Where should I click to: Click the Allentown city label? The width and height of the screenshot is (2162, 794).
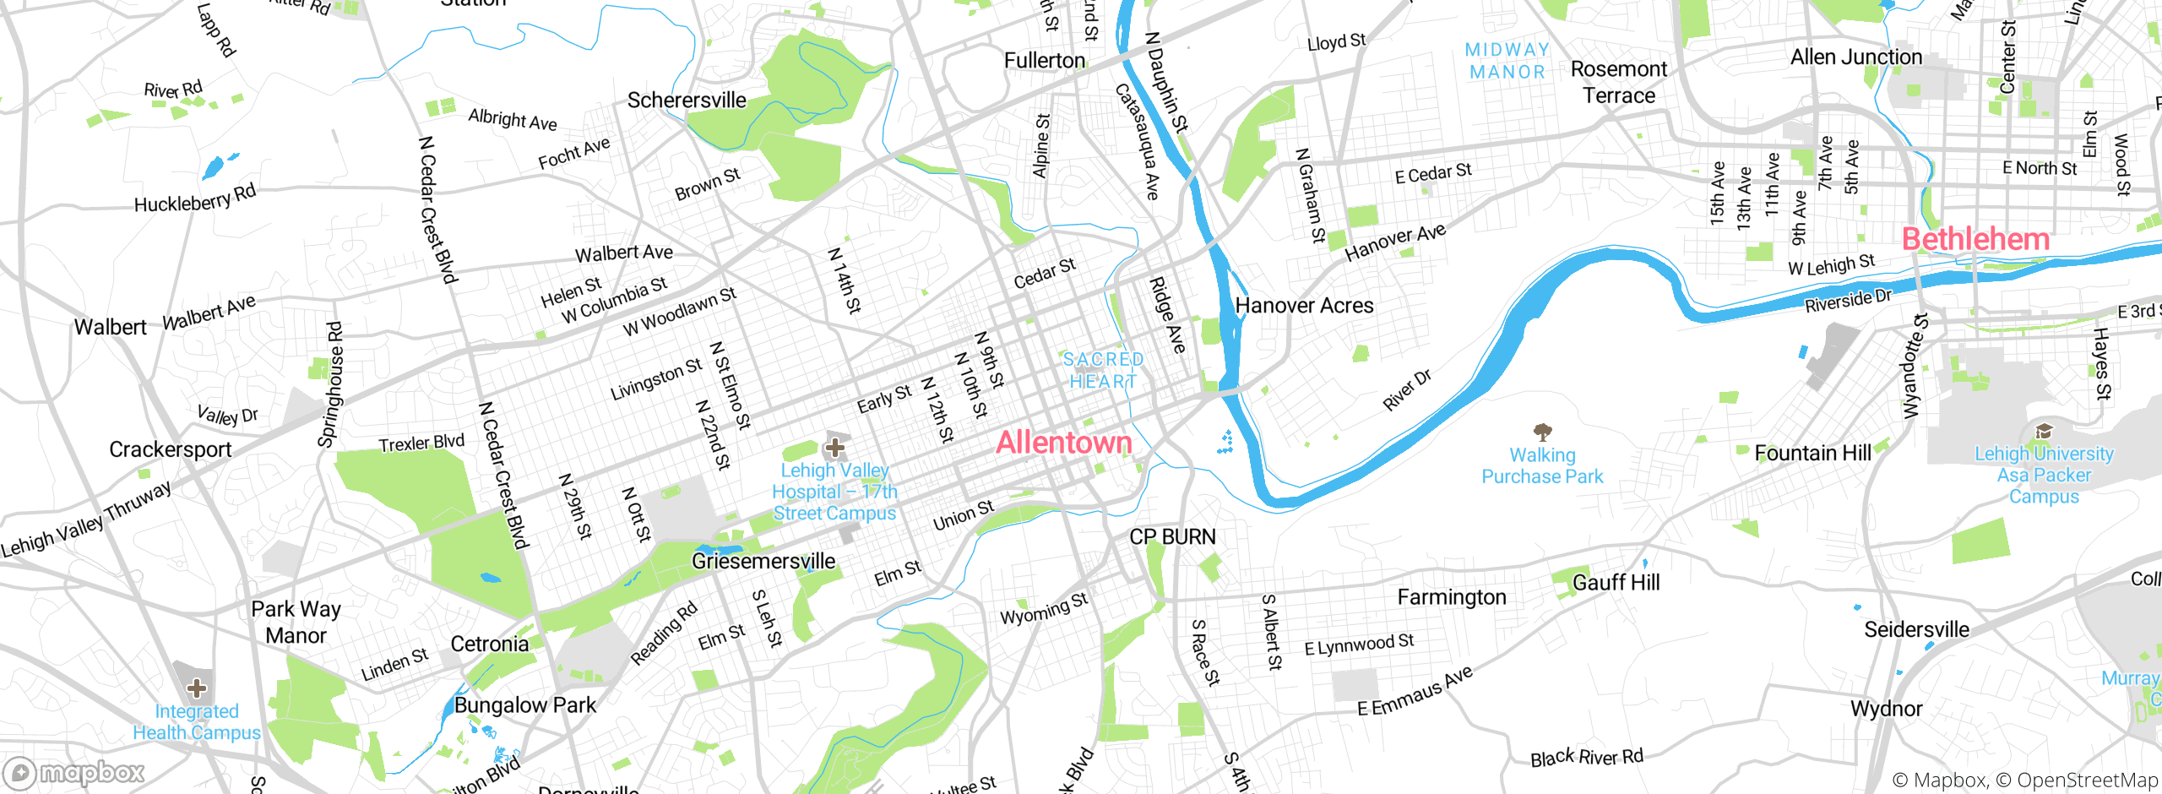[x=1063, y=443]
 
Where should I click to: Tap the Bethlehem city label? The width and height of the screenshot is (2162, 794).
[x=1975, y=239]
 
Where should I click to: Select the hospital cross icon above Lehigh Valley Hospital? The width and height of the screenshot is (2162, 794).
[x=835, y=447]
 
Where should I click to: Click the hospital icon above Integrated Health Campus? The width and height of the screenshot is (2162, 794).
[x=196, y=688]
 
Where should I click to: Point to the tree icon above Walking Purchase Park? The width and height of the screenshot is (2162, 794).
[x=1542, y=432]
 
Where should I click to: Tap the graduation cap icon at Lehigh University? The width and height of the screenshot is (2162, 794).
[x=2043, y=432]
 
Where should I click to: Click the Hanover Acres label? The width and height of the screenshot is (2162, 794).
[x=1304, y=306]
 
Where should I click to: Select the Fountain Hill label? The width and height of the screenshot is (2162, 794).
[x=1812, y=454]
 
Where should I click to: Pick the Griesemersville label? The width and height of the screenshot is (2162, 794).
[x=763, y=561]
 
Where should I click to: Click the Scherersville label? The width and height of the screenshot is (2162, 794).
[x=687, y=101]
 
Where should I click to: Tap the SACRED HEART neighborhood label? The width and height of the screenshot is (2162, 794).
[x=1103, y=371]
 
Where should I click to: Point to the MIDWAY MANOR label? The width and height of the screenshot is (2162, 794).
[x=1507, y=61]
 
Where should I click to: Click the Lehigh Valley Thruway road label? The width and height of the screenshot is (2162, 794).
[x=86, y=520]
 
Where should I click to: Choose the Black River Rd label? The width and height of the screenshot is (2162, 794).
[x=1587, y=757]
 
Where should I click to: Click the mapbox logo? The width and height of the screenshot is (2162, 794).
[x=74, y=772]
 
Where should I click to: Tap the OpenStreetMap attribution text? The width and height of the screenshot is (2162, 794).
[x=2087, y=780]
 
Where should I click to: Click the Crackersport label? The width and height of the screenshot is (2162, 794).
[x=170, y=449]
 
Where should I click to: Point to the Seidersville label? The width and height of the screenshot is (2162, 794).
[x=1916, y=630]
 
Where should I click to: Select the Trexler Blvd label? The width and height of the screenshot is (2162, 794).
[x=421, y=443]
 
